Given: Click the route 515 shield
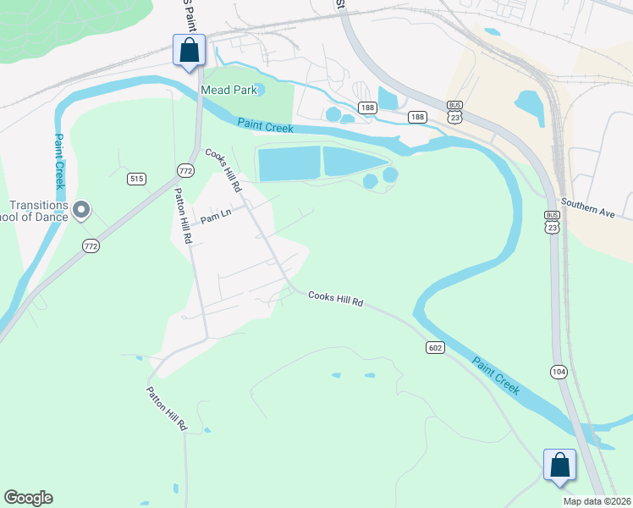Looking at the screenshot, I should (136, 179).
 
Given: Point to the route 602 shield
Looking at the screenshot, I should (435, 347).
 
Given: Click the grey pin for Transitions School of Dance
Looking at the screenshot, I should (81, 208).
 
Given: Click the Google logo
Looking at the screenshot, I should (28, 498).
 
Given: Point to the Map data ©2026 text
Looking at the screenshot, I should (596, 501).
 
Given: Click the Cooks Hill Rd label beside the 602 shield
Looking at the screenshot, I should (335, 298).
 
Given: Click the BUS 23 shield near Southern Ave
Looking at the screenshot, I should (552, 222).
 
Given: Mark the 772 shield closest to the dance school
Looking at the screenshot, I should (91, 246).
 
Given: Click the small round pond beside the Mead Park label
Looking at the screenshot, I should (260, 89).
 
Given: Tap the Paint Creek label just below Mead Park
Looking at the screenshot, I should (265, 126).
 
